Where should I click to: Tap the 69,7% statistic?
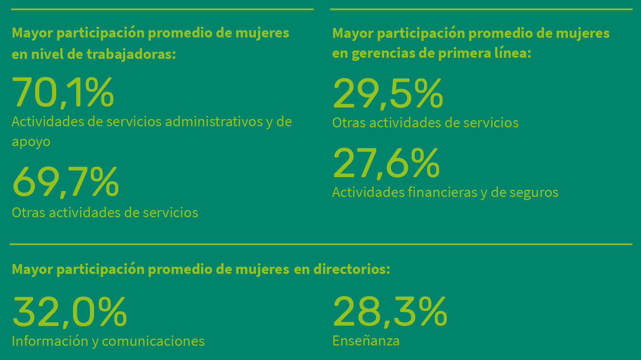pyautogui.click(x=65, y=182)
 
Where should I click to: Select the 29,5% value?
pyautogui.click(x=388, y=93)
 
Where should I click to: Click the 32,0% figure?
pyautogui.click(x=69, y=312)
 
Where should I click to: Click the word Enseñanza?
pyautogui.click(x=366, y=340)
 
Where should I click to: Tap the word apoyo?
pyautogui.click(x=31, y=142)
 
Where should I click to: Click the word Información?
pyautogui.click(x=50, y=341)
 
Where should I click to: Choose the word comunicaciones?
pyautogui.click(x=153, y=341)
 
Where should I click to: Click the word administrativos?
pyautogui.click(x=214, y=121)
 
